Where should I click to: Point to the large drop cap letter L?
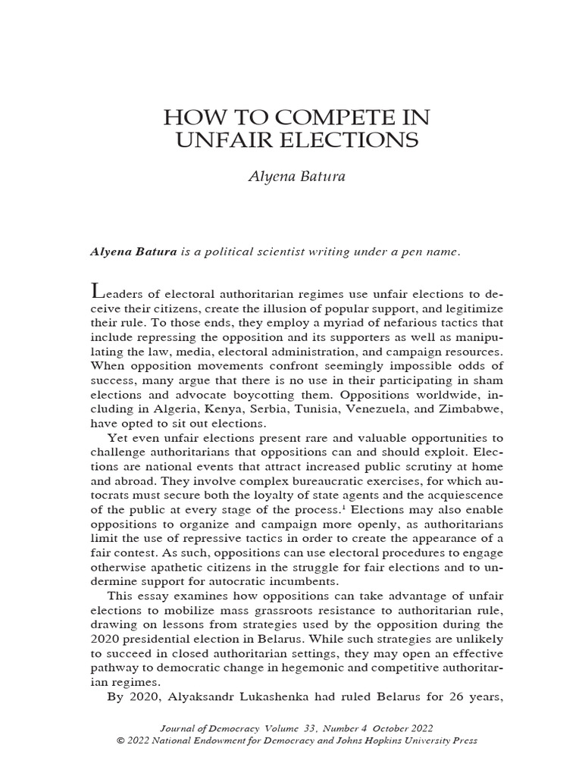point(96,291)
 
